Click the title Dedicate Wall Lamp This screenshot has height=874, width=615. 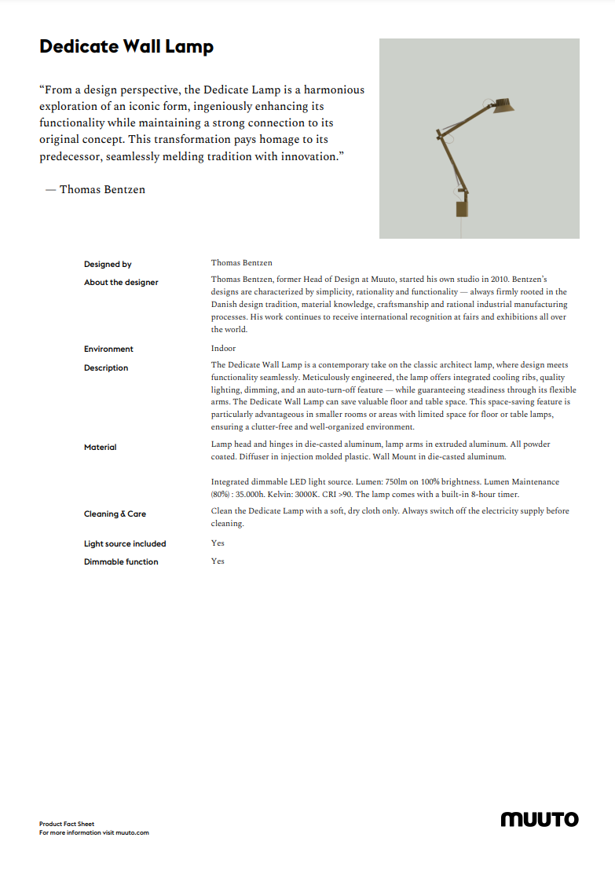coord(126,47)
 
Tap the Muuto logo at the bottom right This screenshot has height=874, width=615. coord(540,820)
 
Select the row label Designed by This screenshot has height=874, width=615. coord(108,265)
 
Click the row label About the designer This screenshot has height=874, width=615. coord(121,283)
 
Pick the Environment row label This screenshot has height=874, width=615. coord(108,349)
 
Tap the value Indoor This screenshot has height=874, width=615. coord(223,349)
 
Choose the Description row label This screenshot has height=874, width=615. coord(106,368)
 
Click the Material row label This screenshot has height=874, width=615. coord(100,448)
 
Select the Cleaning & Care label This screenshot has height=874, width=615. coord(115,514)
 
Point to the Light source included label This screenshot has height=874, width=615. coord(125,544)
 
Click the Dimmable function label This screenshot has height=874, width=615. coord(121,562)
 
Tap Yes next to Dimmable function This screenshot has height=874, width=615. coord(218,561)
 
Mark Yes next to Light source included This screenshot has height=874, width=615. coord(218,543)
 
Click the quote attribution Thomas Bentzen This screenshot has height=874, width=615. coord(102,190)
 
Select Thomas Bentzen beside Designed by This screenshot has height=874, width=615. coord(241,263)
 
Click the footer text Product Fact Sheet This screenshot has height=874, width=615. coord(67,825)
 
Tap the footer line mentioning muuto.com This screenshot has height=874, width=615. coord(93,832)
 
